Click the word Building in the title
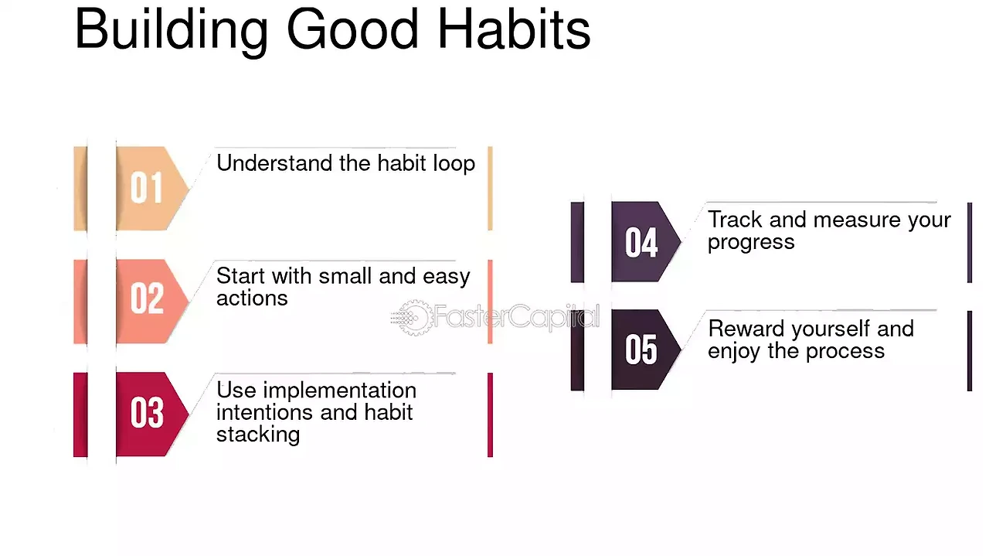pos(172,31)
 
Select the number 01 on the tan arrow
pos(147,188)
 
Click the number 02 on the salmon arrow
pos(147,298)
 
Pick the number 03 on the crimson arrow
pos(147,412)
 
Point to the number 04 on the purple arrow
pos(641,242)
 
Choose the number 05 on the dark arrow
pos(641,350)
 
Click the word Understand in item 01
pos(274,163)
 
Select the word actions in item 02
pos(252,298)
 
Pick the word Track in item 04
pos(735,220)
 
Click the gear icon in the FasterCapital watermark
pos(413,317)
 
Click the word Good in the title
pos(352,29)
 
